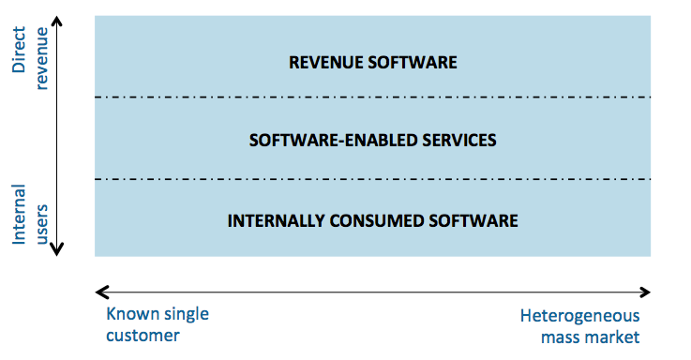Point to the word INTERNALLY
point(274,221)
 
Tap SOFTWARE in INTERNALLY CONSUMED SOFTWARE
point(472,221)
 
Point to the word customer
point(142,335)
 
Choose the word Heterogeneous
point(580,314)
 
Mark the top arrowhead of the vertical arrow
point(57,20)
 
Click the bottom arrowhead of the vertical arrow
point(57,248)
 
